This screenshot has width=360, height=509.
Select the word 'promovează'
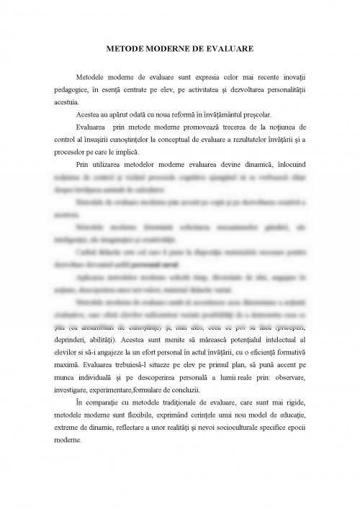[171, 127]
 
